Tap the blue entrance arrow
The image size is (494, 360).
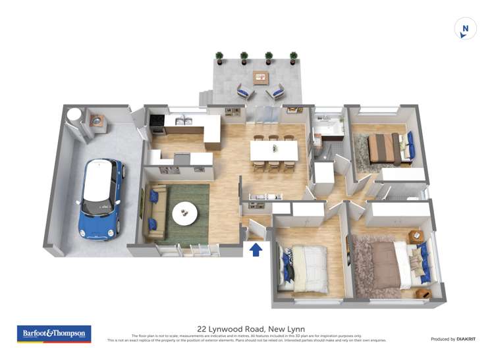pos(256,249)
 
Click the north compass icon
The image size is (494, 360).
pos(465,29)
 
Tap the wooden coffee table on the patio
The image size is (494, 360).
pos(261,78)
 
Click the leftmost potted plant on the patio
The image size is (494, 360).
pos(219,58)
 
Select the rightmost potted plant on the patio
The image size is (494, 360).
pos(292,58)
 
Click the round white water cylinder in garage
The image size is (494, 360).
pos(77,115)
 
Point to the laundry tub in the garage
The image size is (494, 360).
pos(97,121)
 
